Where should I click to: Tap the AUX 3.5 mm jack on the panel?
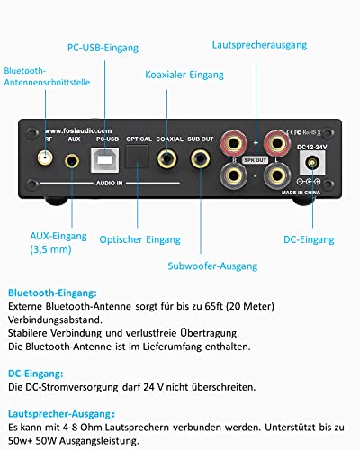tap(74, 159)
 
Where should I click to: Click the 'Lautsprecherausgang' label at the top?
tap(259, 43)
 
